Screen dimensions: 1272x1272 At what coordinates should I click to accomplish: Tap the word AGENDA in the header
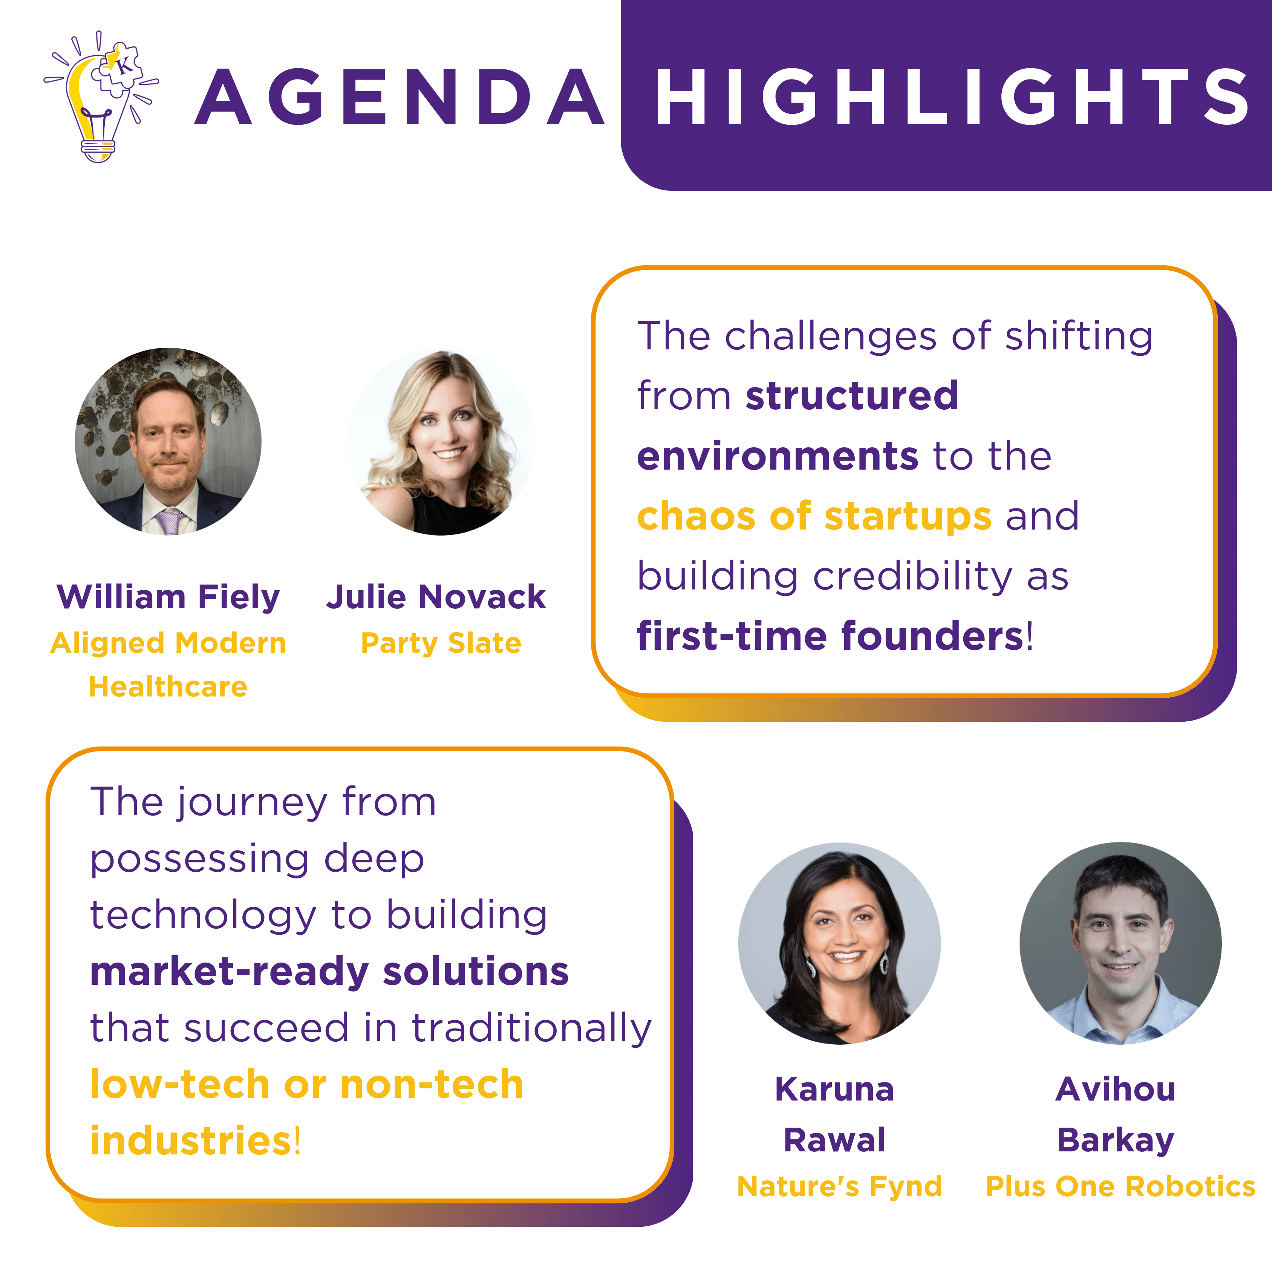400,97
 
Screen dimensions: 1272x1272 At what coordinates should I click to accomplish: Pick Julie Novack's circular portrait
441,441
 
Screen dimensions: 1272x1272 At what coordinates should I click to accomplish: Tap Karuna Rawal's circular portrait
839,943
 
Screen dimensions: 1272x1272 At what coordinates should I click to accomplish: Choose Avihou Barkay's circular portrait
1120,943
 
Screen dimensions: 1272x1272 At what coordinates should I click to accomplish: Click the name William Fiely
168,597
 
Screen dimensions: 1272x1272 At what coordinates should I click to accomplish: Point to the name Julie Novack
436,597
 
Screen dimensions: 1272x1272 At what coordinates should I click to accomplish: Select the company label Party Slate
441,643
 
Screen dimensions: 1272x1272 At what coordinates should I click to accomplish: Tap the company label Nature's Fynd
839,1186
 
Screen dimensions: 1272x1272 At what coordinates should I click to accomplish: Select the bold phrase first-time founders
830,636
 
